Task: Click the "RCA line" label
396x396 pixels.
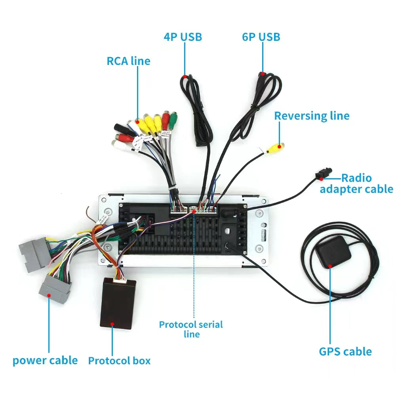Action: pyautogui.click(x=128, y=61)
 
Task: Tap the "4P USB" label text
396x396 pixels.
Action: pyautogui.click(x=183, y=37)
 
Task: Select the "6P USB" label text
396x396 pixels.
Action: pyautogui.click(x=261, y=37)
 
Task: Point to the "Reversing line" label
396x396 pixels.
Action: pyautogui.click(x=312, y=116)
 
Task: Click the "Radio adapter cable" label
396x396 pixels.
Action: pyautogui.click(x=356, y=183)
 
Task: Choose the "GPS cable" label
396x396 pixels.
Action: pyautogui.click(x=345, y=351)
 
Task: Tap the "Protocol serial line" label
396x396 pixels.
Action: pyautogui.click(x=191, y=329)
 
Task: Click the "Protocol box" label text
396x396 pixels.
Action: pyautogui.click(x=119, y=361)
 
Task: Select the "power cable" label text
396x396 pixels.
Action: pyautogui.click(x=45, y=360)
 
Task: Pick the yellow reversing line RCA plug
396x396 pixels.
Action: pyautogui.click(x=274, y=148)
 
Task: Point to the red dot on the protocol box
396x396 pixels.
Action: pyautogui.click(x=112, y=324)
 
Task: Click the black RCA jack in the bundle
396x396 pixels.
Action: pyautogui.click(x=120, y=128)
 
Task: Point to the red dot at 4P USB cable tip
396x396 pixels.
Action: pyautogui.click(x=185, y=76)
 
